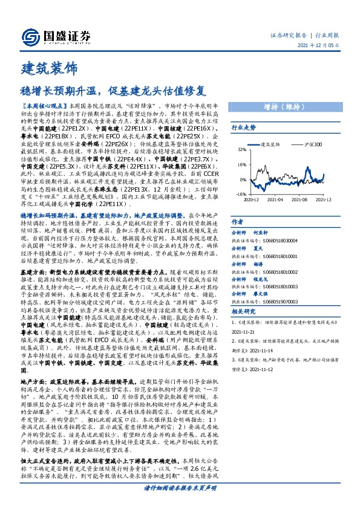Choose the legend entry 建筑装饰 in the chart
269,145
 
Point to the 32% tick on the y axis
242,149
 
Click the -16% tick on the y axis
241,194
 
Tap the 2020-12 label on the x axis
252,199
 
